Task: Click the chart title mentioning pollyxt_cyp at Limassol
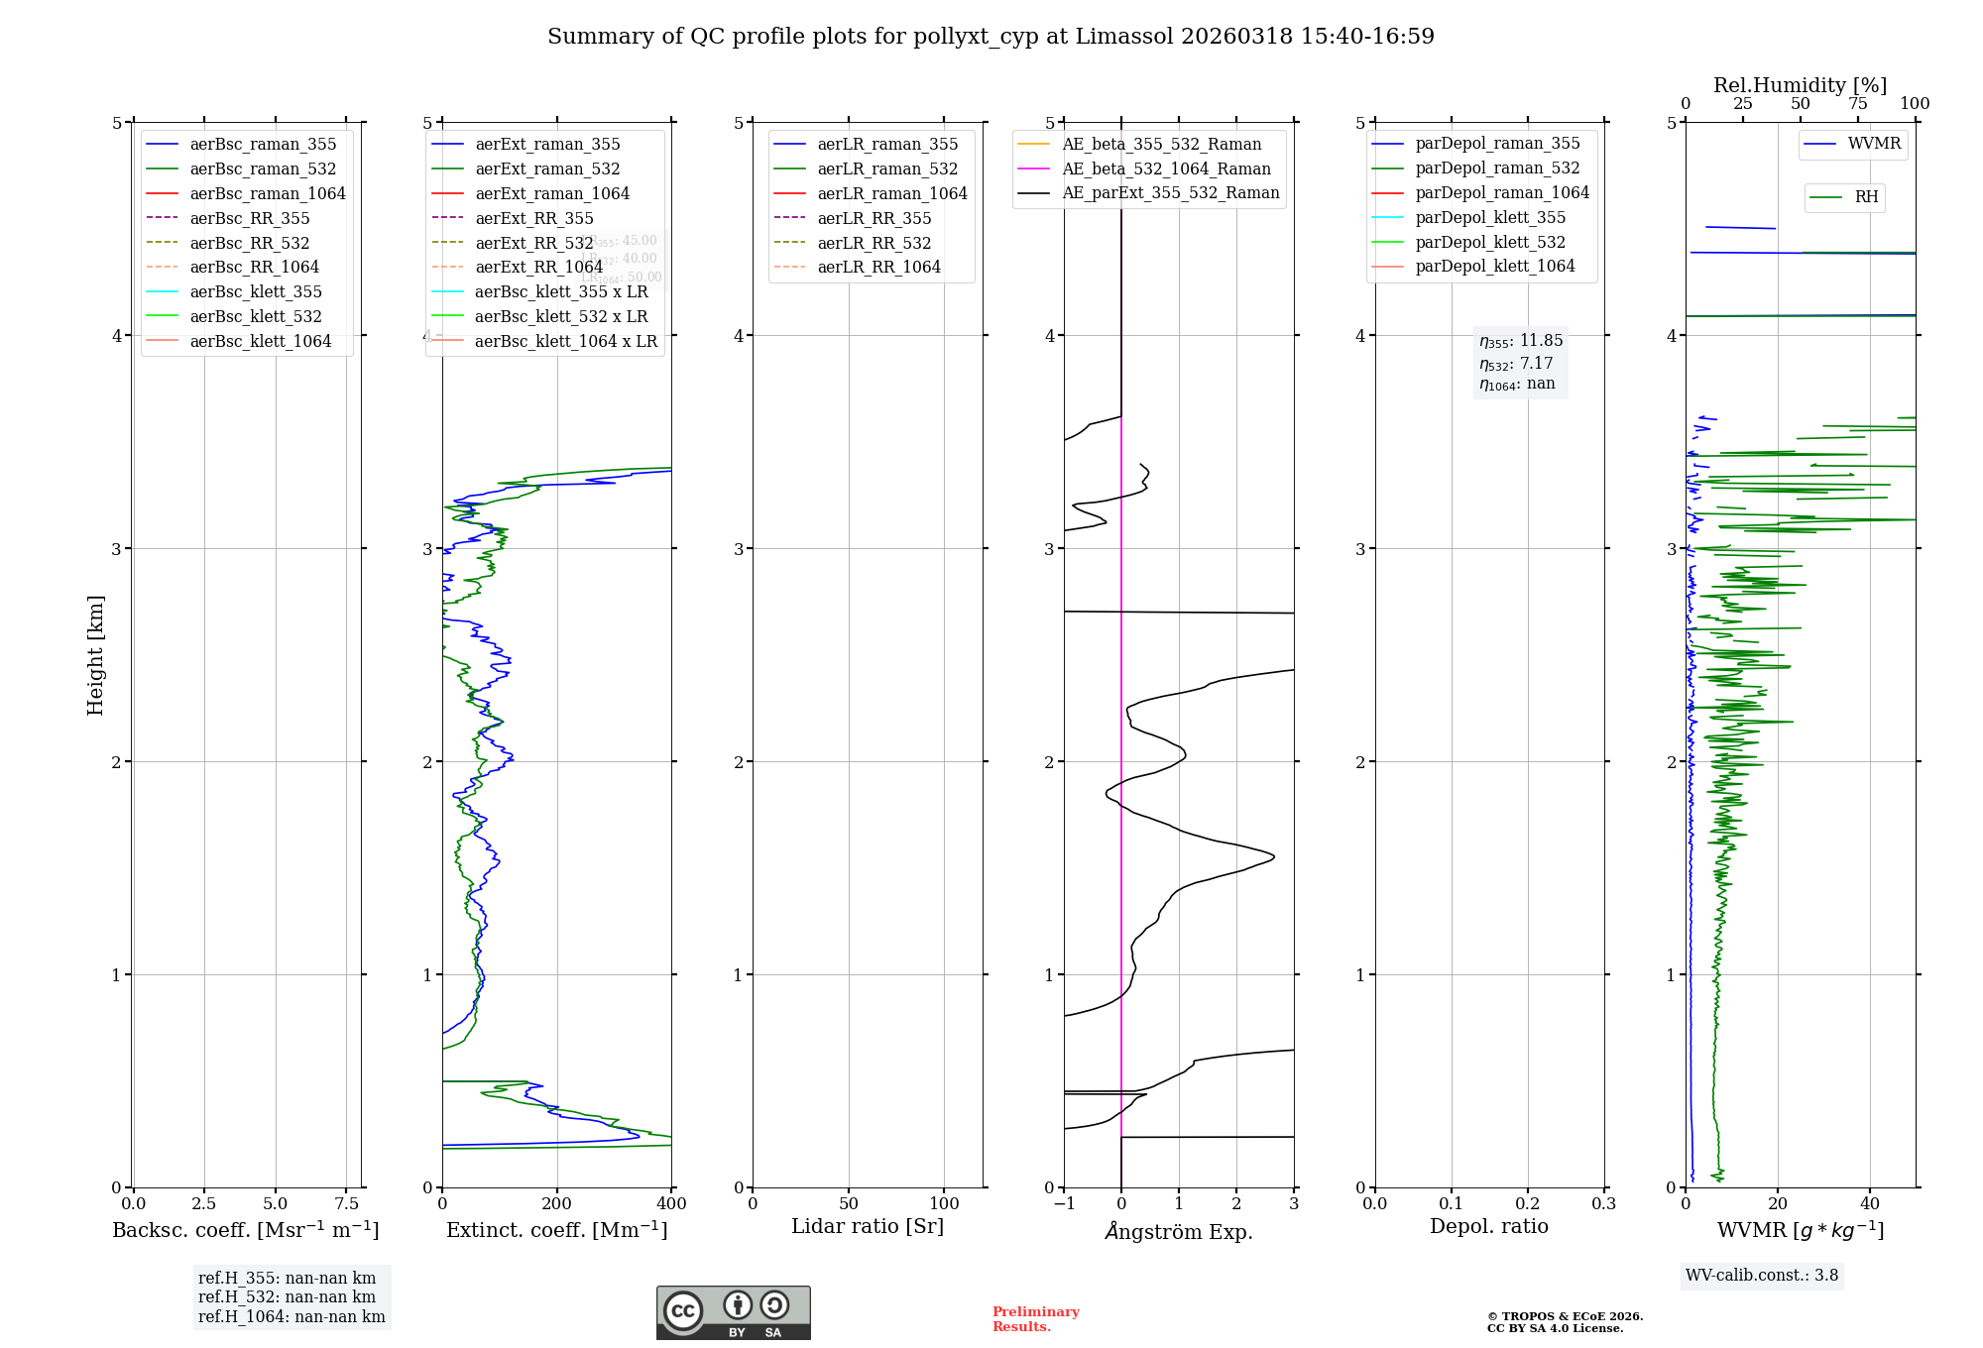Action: pyautogui.click(x=991, y=37)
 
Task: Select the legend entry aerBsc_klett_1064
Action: pyautogui.click(x=260, y=341)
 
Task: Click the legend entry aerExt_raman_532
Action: pyautogui.click(x=547, y=168)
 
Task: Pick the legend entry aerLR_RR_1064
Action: pyautogui.click(x=878, y=267)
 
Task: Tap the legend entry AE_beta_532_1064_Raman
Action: pyautogui.click(x=1166, y=168)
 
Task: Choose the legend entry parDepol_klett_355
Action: pyautogui.click(x=1490, y=217)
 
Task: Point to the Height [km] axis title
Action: pyautogui.click(x=95, y=655)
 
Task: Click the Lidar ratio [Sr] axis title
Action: pyautogui.click(x=868, y=1226)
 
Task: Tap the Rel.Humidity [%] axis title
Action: pyautogui.click(x=1800, y=85)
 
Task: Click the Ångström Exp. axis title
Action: pyautogui.click(x=1179, y=1231)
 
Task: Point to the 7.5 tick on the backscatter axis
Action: pyautogui.click(x=346, y=1203)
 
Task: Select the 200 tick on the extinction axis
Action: pyautogui.click(x=557, y=1203)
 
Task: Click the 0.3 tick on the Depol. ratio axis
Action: pyautogui.click(x=1603, y=1203)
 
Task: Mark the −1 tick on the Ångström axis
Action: pyautogui.click(x=1064, y=1203)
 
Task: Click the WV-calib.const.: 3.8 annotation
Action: pyautogui.click(x=1762, y=1276)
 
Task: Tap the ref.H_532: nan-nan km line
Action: pyautogui.click(x=287, y=1297)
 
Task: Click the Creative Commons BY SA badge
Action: pyautogui.click(x=733, y=1313)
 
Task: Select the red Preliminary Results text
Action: pyautogui.click(x=1035, y=1319)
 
